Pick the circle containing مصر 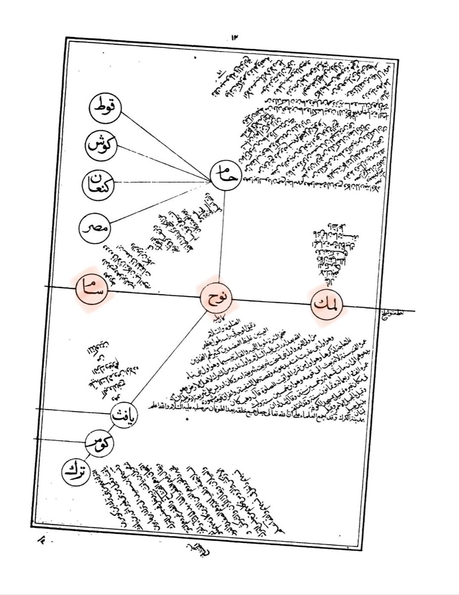(94, 229)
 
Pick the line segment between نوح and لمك (272, 302)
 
